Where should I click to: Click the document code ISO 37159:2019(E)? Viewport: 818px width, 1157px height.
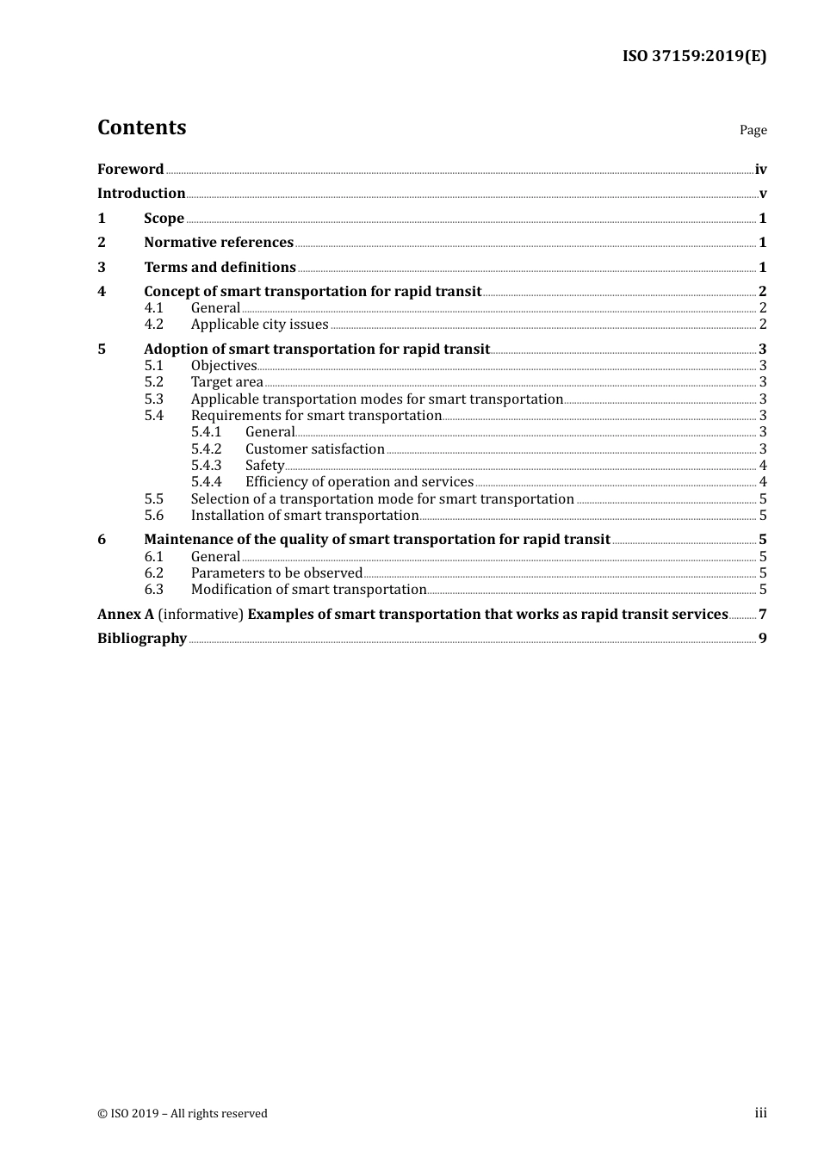pos(694,56)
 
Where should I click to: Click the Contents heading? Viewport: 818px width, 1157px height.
pos(141,127)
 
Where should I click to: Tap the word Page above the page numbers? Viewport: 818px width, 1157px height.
pos(753,130)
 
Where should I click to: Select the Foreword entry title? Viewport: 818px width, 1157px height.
pos(130,169)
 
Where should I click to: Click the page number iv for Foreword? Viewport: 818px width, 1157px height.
pos(760,170)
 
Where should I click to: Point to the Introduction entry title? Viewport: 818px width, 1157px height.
pos(141,193)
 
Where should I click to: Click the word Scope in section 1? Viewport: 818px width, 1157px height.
pos(164,218)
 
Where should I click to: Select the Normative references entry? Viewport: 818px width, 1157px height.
pos(219,242)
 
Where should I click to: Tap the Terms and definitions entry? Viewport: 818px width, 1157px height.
pos(220,267)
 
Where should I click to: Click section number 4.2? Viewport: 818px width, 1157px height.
pos(153,325)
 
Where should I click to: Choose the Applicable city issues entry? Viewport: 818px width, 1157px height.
pos(259,325)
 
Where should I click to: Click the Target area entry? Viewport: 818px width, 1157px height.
pos(226,382)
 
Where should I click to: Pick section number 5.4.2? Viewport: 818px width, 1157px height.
pos(206,449)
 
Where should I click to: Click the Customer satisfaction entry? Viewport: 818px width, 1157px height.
pos(314,449)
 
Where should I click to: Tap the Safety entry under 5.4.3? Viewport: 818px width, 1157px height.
pos(264,465)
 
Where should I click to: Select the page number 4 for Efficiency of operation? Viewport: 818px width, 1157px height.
pos(762,482)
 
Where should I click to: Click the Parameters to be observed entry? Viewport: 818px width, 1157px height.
pos(276,572)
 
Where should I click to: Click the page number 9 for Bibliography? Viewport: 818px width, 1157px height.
pos(762,638)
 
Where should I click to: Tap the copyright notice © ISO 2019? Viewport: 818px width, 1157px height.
pos(183,1113)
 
